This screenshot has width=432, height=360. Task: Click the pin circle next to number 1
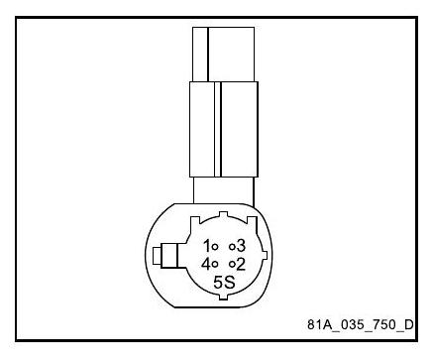pyautogui.click(x=214, y=246)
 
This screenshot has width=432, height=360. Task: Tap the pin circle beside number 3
pyautogui.click(x=232, y=246)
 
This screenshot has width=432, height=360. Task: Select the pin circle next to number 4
pyautogui.click(x=214, y=264)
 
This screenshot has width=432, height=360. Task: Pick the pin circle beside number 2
pyautogui.click(x=232, y=264)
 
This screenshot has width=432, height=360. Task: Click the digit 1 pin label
pyautogui.click(x=207, y=246)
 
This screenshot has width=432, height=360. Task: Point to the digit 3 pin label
pyautogui.click(x=241, y=246)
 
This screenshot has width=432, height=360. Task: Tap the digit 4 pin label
pyautogui.click(x=206, y=264)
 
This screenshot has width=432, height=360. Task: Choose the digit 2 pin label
pyautogui.click(x=241, y=264)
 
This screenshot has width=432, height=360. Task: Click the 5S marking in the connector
pyautogui.click(x=224, y=283)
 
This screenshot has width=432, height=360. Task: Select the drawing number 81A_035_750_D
pyautogui.click(x=361, y=324)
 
